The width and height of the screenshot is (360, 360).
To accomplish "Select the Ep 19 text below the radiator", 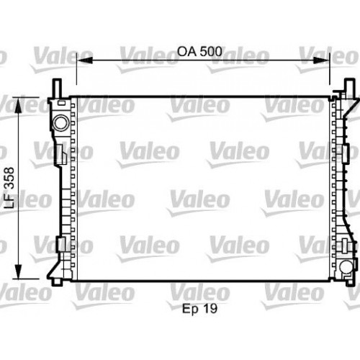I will (x=199, y=288).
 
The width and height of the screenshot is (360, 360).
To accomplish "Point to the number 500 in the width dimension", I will (x=209, y=52).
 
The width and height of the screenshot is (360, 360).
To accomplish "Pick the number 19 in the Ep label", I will (x=210, y=288).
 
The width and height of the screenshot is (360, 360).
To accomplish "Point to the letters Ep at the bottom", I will (x=191, y=289).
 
